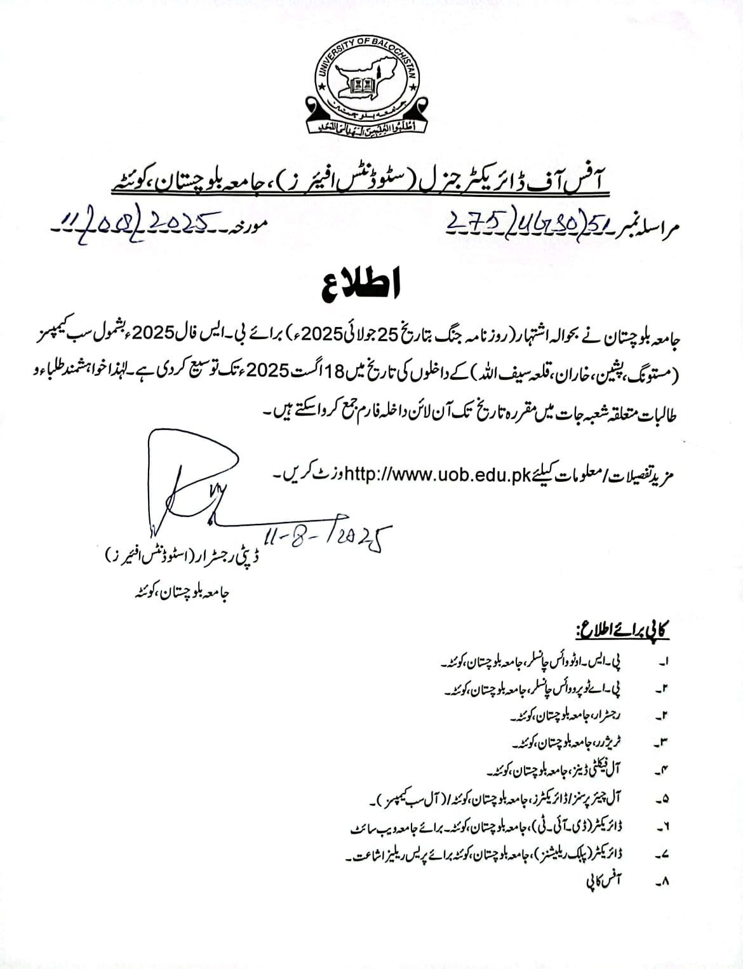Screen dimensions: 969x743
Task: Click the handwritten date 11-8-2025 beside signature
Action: [x=326, y=539]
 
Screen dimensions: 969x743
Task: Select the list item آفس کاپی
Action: [x=603, y=881]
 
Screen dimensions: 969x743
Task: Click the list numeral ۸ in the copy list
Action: [x=664, y=882]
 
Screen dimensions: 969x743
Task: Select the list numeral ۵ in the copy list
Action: [x=664, y=799]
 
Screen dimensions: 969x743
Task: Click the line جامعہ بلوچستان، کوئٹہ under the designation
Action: [x=178, y=594]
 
